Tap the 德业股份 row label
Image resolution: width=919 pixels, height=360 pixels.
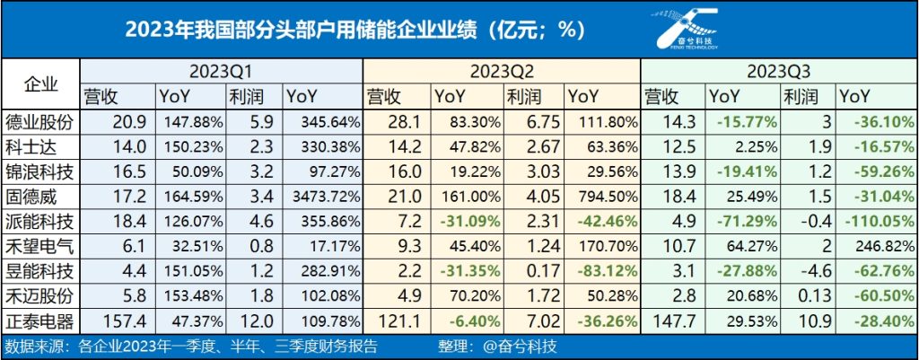pyautogui.click(x=40, y=120)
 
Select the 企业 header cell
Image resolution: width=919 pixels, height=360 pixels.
pyautogui.click(x=40, y=83)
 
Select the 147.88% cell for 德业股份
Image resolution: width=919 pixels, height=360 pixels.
pyautogui.click(x=187, y=120)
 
